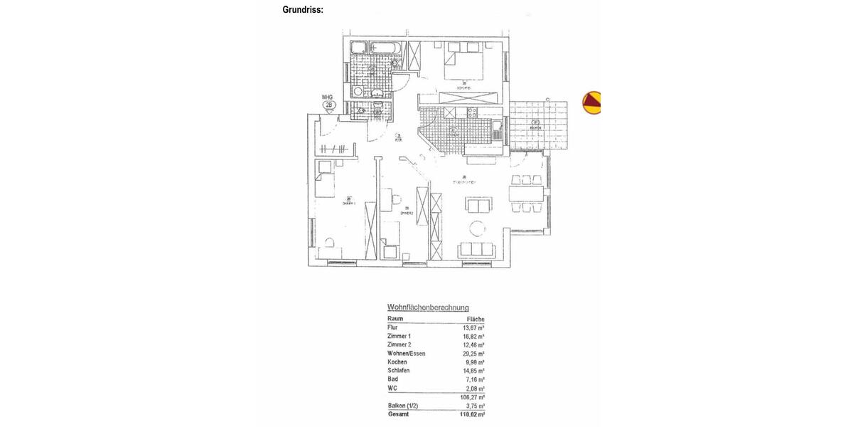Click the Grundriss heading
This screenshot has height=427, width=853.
click(x=303, y=10)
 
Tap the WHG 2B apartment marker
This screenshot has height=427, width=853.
click(x=328, y=104)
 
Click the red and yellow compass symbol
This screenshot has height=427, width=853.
click(x=591, y=102)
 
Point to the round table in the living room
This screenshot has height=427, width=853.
click(x=476, y=228)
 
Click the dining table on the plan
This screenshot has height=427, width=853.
click(x=527, y=194)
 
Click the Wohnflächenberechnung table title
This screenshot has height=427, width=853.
click(x=428, y=307)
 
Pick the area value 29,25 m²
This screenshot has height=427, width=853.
click(x=473, y=354)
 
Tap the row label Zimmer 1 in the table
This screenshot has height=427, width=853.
click(x=399, y=336)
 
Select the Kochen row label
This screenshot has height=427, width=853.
click(x=397, y=362)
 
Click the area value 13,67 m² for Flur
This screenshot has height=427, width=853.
click(x=473, y=327)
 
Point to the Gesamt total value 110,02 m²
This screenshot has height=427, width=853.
click(x=473, y=414)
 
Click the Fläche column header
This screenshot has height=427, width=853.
click(x=476, y=319)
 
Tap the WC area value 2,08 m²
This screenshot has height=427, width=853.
click(x=475, y=389)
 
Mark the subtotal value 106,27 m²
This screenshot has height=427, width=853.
click(x=473, y=397)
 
